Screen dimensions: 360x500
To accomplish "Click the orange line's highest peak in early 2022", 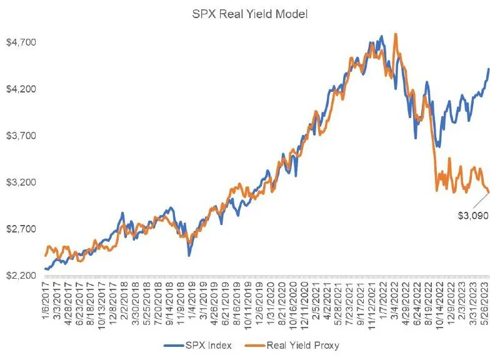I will point(395,34).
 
